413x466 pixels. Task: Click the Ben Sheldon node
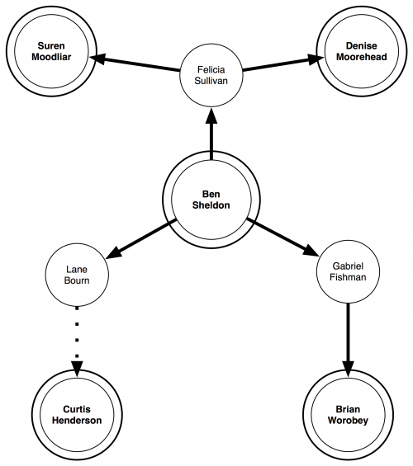coord(211,200)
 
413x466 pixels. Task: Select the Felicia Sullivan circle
coord(211,75)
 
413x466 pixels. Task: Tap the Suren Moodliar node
coord(51,51)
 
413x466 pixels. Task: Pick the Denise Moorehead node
coord(362,51)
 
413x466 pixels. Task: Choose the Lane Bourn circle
coord(77,275)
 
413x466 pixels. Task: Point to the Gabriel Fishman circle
coord(348,271)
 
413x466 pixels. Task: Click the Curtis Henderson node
coord(77,415)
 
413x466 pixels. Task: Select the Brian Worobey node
coord(348,415)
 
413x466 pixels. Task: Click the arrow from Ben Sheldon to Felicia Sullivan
coord(211,134)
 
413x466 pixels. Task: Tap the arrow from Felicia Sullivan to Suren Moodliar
coord(135,64)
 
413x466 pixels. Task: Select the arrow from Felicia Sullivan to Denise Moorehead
coord(283,64)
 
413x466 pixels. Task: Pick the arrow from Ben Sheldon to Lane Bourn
coord(141,238)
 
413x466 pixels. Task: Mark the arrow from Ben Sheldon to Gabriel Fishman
coord(282,238)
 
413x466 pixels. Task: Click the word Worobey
coord(348,421)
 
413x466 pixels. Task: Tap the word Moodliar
coord(51,57)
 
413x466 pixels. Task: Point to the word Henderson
coord(77,421)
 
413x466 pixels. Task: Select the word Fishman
coord(348,277)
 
